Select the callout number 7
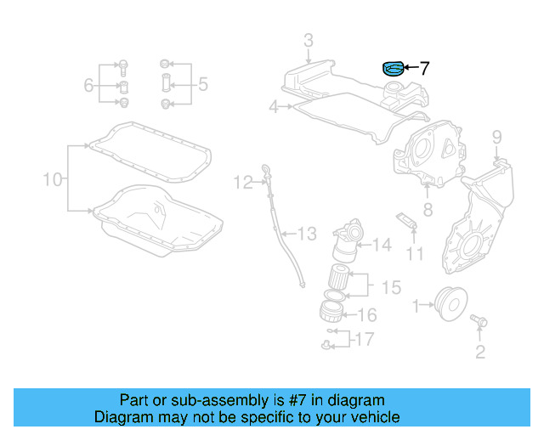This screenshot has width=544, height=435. click(425, 67)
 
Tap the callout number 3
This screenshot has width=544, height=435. click(308, 40)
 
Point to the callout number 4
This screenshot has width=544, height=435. click(273, 107)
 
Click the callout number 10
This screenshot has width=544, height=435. click(53, 179)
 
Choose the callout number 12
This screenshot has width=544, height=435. click(243, 181)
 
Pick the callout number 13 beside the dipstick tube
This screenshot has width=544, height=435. click(306, 233)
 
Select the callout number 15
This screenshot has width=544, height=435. click(390, 288)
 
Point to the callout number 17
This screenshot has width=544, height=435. click(363, 340)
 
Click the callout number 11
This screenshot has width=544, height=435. click(414, 253)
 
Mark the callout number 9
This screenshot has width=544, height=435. click(496, 136)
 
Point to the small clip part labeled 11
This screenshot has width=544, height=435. click(406, 221)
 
